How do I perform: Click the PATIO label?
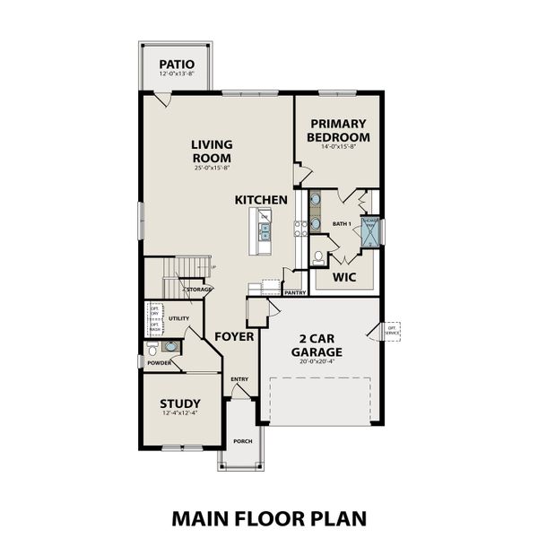point(178,64)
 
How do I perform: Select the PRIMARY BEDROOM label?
point(338,131)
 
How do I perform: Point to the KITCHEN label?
point(261,199)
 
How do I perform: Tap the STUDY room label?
point(179,403)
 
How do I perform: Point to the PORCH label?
point(242,442)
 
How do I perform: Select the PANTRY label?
point(295,291)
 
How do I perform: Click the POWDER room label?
point(160,362)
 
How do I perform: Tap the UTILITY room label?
point(178,317)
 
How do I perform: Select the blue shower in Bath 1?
point(370,230)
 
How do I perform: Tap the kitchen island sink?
point(265,231)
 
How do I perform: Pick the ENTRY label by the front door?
point(239,379)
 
